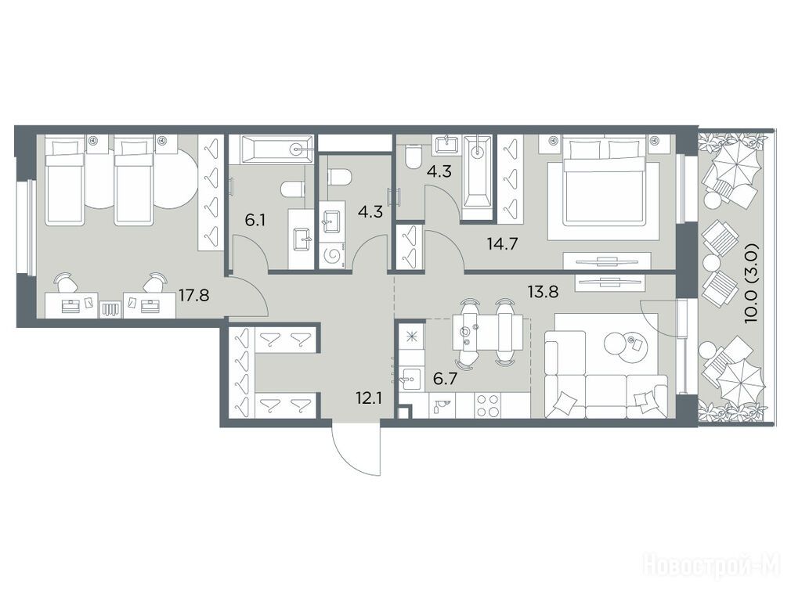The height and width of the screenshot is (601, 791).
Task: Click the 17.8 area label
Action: [193, 294]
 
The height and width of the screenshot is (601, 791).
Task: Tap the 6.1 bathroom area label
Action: [255, 221]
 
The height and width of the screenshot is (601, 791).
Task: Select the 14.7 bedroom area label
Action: [503, 244]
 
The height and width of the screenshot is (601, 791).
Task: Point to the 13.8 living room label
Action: [543, 291]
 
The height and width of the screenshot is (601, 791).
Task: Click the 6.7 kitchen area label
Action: [445, 378]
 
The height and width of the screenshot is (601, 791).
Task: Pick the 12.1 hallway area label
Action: [368, 399]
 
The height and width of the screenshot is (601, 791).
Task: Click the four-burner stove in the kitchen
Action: [487, 405]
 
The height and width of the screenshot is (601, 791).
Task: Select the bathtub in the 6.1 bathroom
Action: [277, 149]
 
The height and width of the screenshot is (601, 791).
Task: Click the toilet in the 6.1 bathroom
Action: [293, 189]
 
